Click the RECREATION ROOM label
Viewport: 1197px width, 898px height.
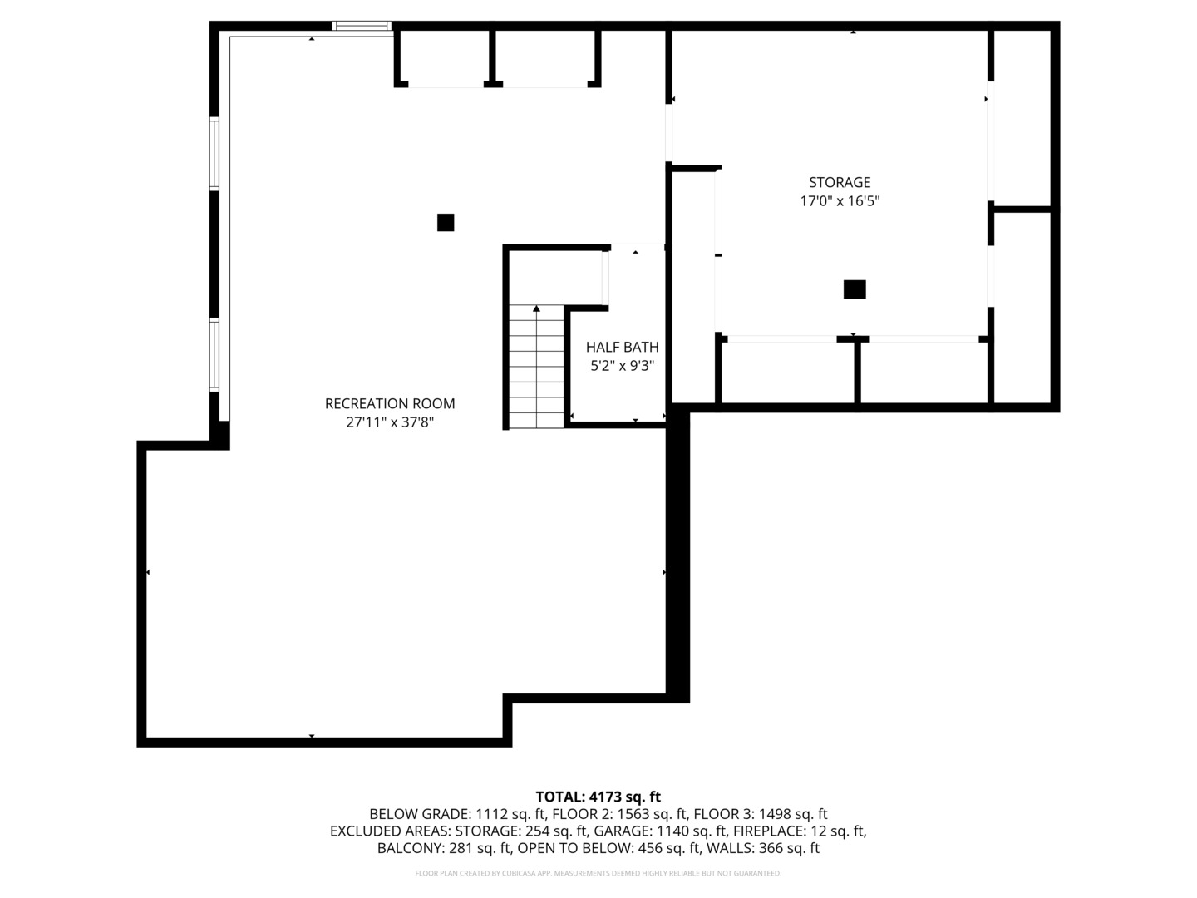tap(389, 403)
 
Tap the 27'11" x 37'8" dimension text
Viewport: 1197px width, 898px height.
tap(389, 422)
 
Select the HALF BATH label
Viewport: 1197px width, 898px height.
tap(623, 347)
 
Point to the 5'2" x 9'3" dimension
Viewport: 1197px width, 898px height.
tap(623, 365)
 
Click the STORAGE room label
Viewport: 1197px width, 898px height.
tap(840, 182)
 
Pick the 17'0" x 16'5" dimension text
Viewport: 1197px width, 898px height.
tap(840, 200)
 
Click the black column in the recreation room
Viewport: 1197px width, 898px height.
tap(446, 223)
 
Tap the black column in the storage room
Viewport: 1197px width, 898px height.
tap(854, 289)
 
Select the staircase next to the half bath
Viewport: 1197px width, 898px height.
tap(536, 367)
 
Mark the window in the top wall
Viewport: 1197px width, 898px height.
tap(362, 26)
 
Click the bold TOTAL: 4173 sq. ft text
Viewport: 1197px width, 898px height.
tap(598, 797)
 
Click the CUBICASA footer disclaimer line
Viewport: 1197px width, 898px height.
tap(598, 873)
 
